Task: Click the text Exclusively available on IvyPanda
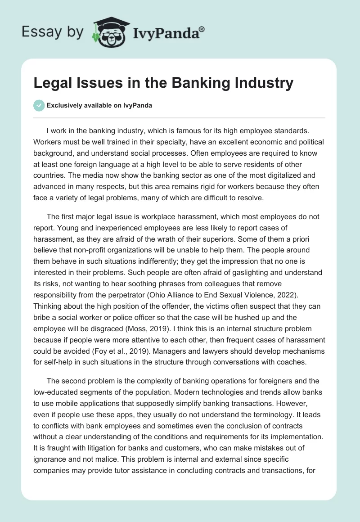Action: click(x=99, y=105)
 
